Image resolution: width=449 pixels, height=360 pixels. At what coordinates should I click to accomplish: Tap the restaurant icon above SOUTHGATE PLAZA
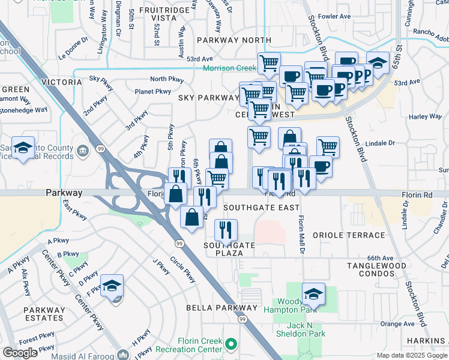(x=226, y=229)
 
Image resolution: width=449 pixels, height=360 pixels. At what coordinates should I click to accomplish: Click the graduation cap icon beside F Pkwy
(x=112, y=286)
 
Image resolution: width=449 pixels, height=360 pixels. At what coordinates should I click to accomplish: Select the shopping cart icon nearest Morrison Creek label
(x=269, y=63)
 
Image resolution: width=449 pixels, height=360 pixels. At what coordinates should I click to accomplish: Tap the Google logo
(x=20, y=353)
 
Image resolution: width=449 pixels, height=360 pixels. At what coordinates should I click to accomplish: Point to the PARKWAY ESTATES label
(x=44, y=314)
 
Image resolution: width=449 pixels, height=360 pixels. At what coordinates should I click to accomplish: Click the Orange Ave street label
(x=397, y=324)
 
